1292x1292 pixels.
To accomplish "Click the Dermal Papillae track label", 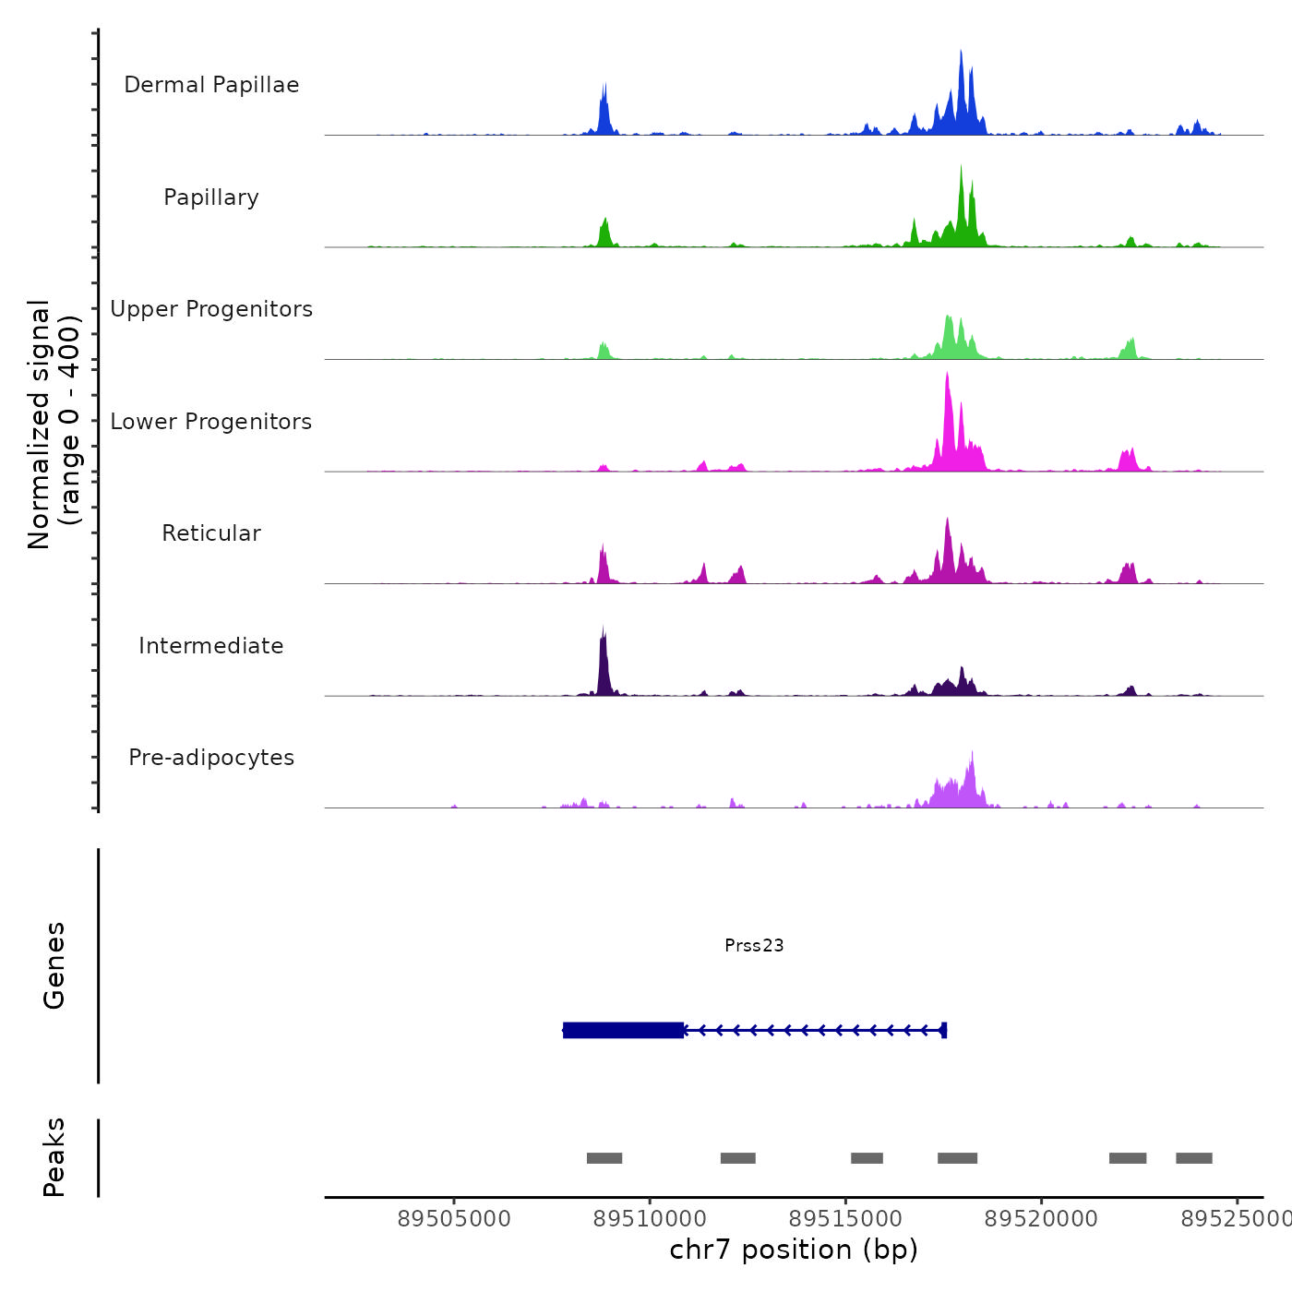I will coord(211,85).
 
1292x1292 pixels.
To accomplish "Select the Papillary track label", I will coord(211,197).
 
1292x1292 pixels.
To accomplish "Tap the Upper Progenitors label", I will coord(211,309).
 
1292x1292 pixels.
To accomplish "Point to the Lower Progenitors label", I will coord(211,422).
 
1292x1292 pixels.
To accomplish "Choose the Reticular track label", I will coord(211,533).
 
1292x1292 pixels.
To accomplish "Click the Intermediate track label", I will coord(211,646).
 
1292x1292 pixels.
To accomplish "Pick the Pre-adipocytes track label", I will coord(211,758).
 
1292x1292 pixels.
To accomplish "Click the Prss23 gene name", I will coord(754,945).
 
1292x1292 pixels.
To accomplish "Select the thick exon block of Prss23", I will coord(624,1030).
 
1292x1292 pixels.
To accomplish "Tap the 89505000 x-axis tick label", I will coord(454,1219).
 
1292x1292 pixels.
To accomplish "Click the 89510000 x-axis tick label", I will coord(650,1219).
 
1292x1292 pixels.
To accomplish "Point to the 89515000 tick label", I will coord(845,1219).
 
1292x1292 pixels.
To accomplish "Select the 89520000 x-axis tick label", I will coord(1041,1219).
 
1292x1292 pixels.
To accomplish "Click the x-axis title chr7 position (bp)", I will coord(794,1250).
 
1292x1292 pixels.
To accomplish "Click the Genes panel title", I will coord(54,965).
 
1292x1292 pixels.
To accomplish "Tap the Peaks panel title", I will coord(54,1157).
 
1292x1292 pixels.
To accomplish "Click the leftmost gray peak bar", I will coord(604,1158).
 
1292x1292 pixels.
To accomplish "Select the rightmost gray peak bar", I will coord(1194,1158).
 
